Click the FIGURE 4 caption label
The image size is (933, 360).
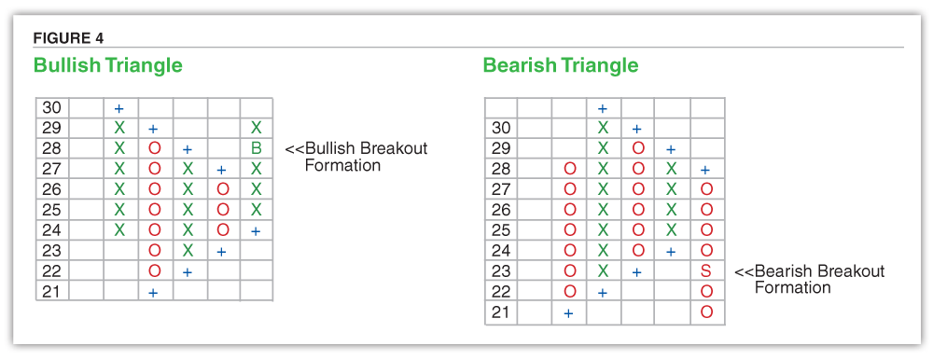pos(68,38)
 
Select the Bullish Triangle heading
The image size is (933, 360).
pos(107,65)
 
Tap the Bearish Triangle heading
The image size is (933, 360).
pos(561,65)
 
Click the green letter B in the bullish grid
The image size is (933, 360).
pos(257,148)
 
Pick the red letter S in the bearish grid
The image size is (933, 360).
pos(706,271)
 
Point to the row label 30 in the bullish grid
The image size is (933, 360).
pos(51,107)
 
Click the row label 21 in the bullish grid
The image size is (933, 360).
pos(51,291)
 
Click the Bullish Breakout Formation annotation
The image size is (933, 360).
pos(355,156)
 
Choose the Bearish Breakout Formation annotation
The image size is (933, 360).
pos(809,279)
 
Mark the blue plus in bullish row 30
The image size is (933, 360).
pos(119,109)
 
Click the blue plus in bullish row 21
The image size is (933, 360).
pos(153,292)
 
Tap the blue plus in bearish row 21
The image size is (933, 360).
pos(568,313)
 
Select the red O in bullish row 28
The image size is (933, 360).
pos(154,148)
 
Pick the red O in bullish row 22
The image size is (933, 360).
pos(154,271)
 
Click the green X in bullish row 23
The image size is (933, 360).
pos(188,251)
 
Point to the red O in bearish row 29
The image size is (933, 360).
pos(638,148)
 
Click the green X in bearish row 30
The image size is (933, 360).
pos(604,128)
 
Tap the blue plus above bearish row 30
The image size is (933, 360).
pos(602,109)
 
